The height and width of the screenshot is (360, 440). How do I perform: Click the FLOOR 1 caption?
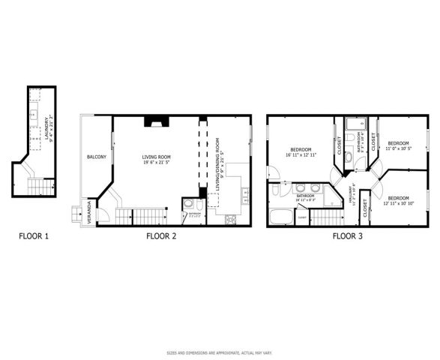coord(34,237)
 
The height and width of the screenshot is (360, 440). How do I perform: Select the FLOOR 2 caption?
coord(161,237)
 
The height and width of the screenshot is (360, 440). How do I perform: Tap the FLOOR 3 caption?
coord(348,237)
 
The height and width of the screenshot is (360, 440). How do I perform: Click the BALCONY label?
coord(96,157)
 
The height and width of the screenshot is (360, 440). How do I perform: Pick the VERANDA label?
coord(90,207)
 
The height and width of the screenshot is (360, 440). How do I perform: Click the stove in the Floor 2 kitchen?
coord(230,219)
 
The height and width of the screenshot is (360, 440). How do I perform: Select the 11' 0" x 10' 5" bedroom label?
coord(398,145)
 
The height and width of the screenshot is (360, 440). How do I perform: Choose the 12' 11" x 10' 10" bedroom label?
coord(398,200)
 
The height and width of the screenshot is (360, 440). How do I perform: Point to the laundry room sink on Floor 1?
coord(34,114)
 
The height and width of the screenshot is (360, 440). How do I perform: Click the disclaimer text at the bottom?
coord(220,352)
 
